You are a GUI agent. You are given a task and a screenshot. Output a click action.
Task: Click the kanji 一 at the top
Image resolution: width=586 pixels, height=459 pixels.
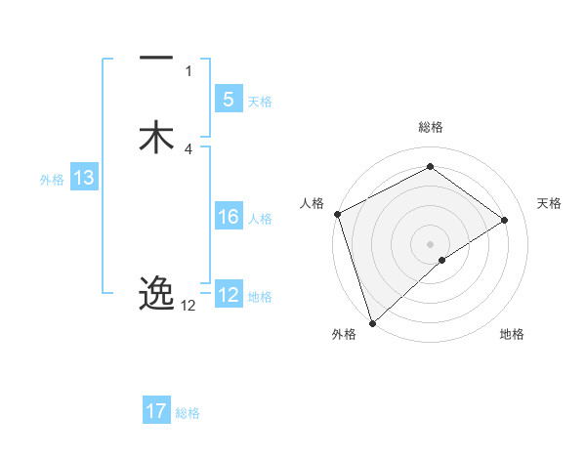[x=156, y=59]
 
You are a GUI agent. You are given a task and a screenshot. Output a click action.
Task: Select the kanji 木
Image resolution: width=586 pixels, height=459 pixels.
[x=156, y=137]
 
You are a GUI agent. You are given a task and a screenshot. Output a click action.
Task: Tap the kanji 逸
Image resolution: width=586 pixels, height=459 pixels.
[x=156, y=293]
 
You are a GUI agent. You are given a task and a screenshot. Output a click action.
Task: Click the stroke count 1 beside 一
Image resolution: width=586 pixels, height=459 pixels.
[x=188, y=70]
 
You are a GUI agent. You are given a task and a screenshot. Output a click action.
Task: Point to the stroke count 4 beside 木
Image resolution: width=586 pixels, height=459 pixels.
[x=188, y=148]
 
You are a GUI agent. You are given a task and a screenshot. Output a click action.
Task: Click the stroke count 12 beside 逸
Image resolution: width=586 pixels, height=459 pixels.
[x=188, y=306]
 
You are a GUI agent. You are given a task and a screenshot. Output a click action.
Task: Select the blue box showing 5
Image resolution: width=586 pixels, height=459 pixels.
[x=228, y=100]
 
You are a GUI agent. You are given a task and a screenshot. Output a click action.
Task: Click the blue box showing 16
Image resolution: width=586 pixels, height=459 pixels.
[x=228, y=217]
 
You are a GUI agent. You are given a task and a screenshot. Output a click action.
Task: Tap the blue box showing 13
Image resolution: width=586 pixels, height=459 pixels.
[x=83, y=178]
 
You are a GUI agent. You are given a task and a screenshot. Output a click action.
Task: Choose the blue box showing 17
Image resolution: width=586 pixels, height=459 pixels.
[x=156, y=411]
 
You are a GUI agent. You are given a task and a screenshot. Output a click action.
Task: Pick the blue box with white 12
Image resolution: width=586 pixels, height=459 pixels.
[x=228, y=295]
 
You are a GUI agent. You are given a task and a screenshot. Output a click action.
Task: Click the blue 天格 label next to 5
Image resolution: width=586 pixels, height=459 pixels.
[x=260, y=102]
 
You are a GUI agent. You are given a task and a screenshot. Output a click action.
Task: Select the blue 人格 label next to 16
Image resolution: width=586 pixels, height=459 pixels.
[x=260, y=219]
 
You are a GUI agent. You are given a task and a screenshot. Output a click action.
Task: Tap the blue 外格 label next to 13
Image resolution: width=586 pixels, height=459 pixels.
[x=52, y=180]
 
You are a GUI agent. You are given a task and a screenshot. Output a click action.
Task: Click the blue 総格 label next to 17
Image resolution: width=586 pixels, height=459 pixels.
[x=188, y=413]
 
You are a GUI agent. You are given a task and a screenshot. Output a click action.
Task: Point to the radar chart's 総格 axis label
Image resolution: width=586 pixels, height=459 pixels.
[x=430, y=127]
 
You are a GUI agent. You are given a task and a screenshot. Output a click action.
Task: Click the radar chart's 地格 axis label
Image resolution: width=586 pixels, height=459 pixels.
[x=512, y=334]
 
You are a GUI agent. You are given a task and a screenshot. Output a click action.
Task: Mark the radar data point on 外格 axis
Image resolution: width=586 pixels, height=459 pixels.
[x=371, y=322]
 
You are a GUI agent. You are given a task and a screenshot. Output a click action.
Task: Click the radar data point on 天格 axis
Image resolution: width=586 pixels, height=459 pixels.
[x=505, y=220]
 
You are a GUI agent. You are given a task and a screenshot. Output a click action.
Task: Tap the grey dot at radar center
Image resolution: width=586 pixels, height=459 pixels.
[x=430, y=242]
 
